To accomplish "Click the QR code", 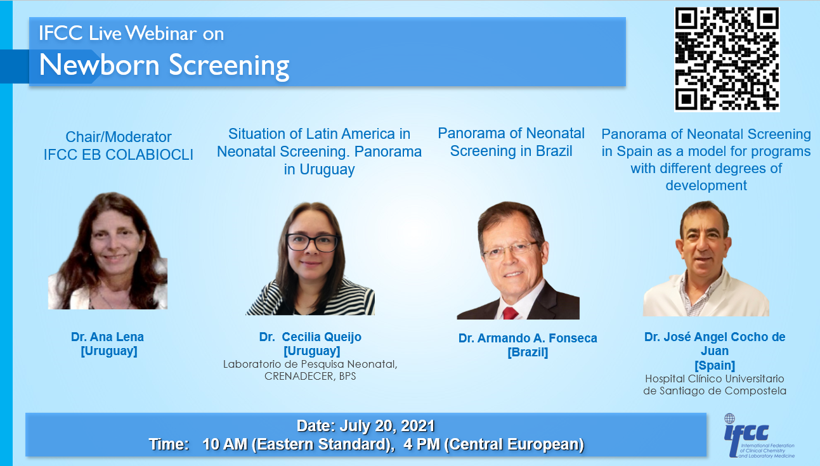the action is pyautogui.click(x=727, y=59).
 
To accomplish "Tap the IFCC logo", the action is pyautogui.click(x=759, y=436).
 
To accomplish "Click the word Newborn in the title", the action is pyautogui.click(x=99, y=65).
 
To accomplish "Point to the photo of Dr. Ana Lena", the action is pyautogui.click(x=108, y=251).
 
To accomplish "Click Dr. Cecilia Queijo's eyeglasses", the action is pyautogui.click(x=312, y=242).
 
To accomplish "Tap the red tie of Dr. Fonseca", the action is pyautogui.click(x=510, y=313).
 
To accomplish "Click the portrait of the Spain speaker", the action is pyautogui.click(x=706, y=259).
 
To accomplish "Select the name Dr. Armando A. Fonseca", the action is pyautogui.click(x=528, y=338).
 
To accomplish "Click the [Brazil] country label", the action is pyautogui.click(x=528, y=353).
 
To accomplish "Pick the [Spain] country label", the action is pyautogui.click(x=715, y=365).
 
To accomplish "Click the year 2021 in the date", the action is pyautogui.click(x=418, y=425).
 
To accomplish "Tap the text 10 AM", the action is pyautogui.click(x=225, y=444).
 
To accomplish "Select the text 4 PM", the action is pyautogui.click(x=421, y=444).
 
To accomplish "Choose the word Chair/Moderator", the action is pyautogui.click(x=118, y=137).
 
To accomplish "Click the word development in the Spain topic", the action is pyautogui.click(x=706, y=186).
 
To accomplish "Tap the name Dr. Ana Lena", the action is pyautogui.click(x=107, y=337).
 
